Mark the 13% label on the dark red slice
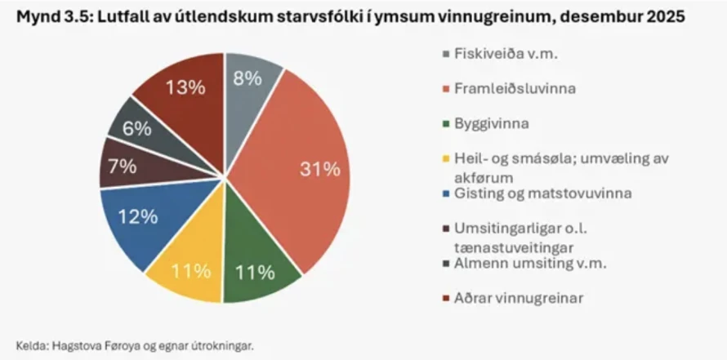tap(180, 87)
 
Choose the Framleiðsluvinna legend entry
tap(507, 88)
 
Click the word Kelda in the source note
tap(30, 344)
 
